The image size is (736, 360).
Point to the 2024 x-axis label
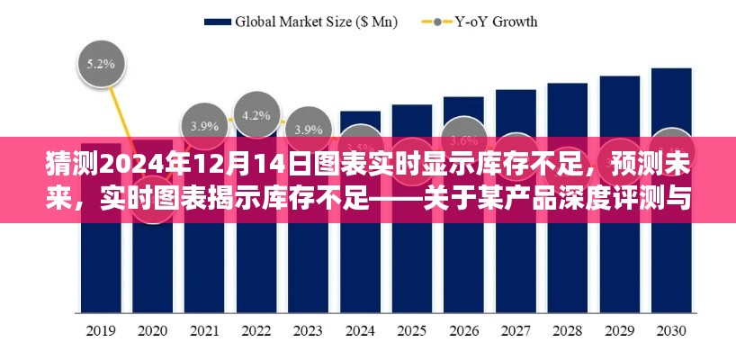(x=360, y=329)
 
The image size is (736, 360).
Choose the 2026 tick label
(x=464, y=329)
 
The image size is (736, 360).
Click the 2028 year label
(x=568, y=329)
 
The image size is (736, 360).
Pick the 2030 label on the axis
(x=670, y=329)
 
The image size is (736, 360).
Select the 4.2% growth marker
(x=257, y=114)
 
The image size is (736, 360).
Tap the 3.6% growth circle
(x=463, y=139)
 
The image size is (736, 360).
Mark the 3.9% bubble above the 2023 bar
(x=310, y=129)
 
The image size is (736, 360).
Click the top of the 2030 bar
(x=670, y=69)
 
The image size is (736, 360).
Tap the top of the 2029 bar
(x=619, y=76)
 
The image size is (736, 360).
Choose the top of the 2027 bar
(x=516, y=91)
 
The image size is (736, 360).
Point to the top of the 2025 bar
(x=412, y=106)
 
